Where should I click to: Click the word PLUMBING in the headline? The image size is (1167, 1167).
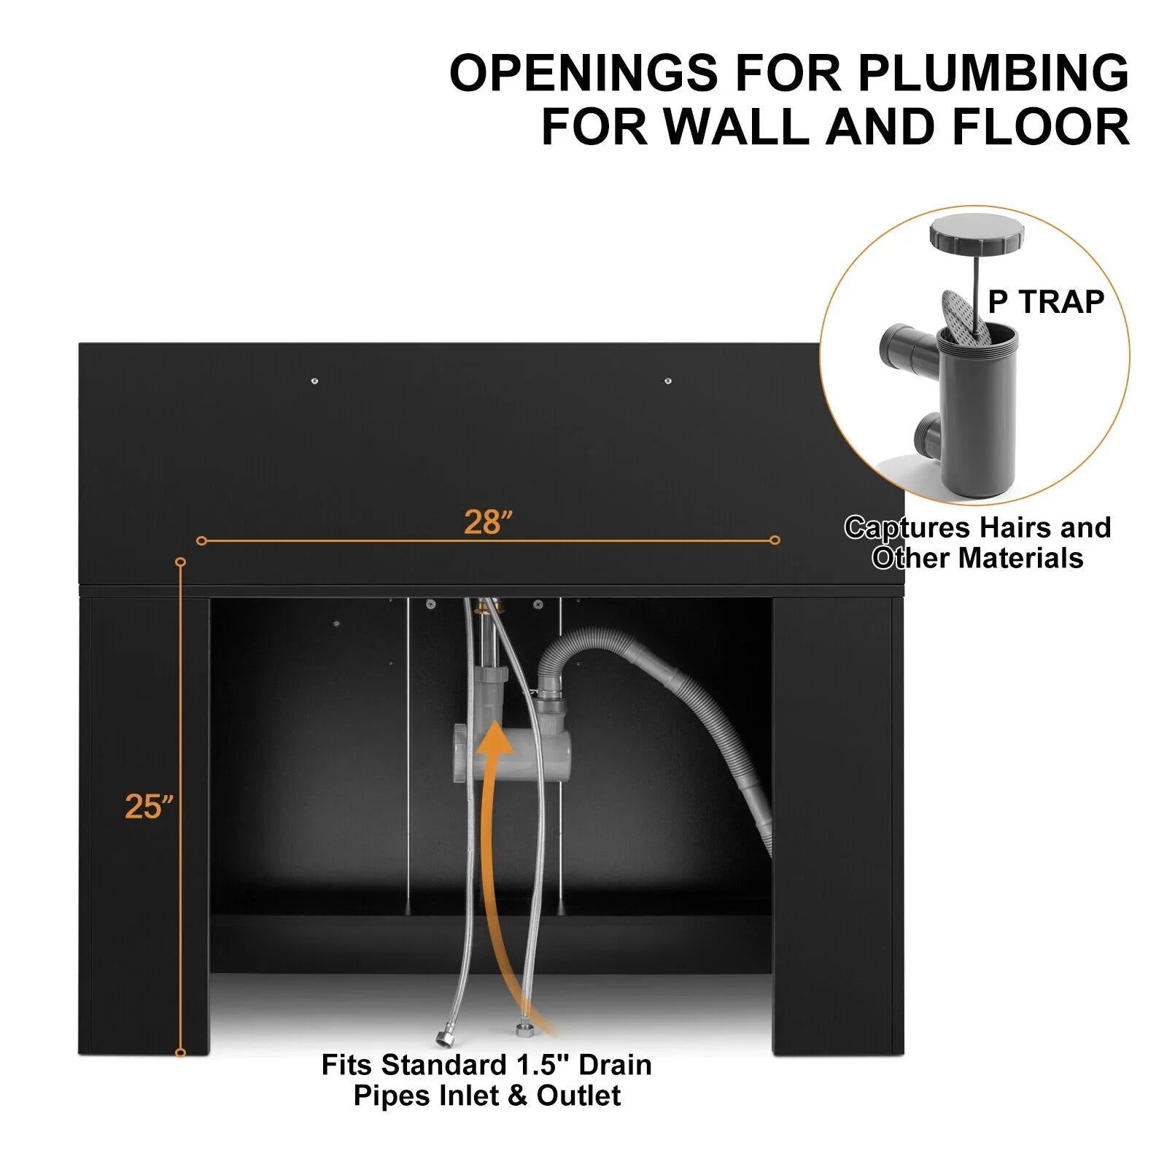tap(993, 73)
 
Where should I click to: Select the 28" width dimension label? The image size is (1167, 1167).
tap(489, 522)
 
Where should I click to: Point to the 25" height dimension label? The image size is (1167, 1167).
tap(150, 806)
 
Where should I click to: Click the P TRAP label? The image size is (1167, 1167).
tap(1046, 301)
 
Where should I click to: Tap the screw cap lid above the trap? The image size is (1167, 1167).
tap(977, 231)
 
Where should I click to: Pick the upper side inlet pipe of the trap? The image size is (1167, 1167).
tap(908, 349)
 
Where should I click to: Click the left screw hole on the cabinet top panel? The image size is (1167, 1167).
tap(314, 381)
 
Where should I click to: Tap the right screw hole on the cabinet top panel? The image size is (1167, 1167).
tap(668, 381)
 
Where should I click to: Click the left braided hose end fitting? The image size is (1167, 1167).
tap(443, 1036)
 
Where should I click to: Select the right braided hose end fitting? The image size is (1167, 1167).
tap(522, 1031)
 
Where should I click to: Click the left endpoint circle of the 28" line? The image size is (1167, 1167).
tap(202, 540)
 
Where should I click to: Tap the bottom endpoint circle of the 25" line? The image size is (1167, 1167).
tap(181, 1052)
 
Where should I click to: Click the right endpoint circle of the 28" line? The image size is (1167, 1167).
tap(775, 540)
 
